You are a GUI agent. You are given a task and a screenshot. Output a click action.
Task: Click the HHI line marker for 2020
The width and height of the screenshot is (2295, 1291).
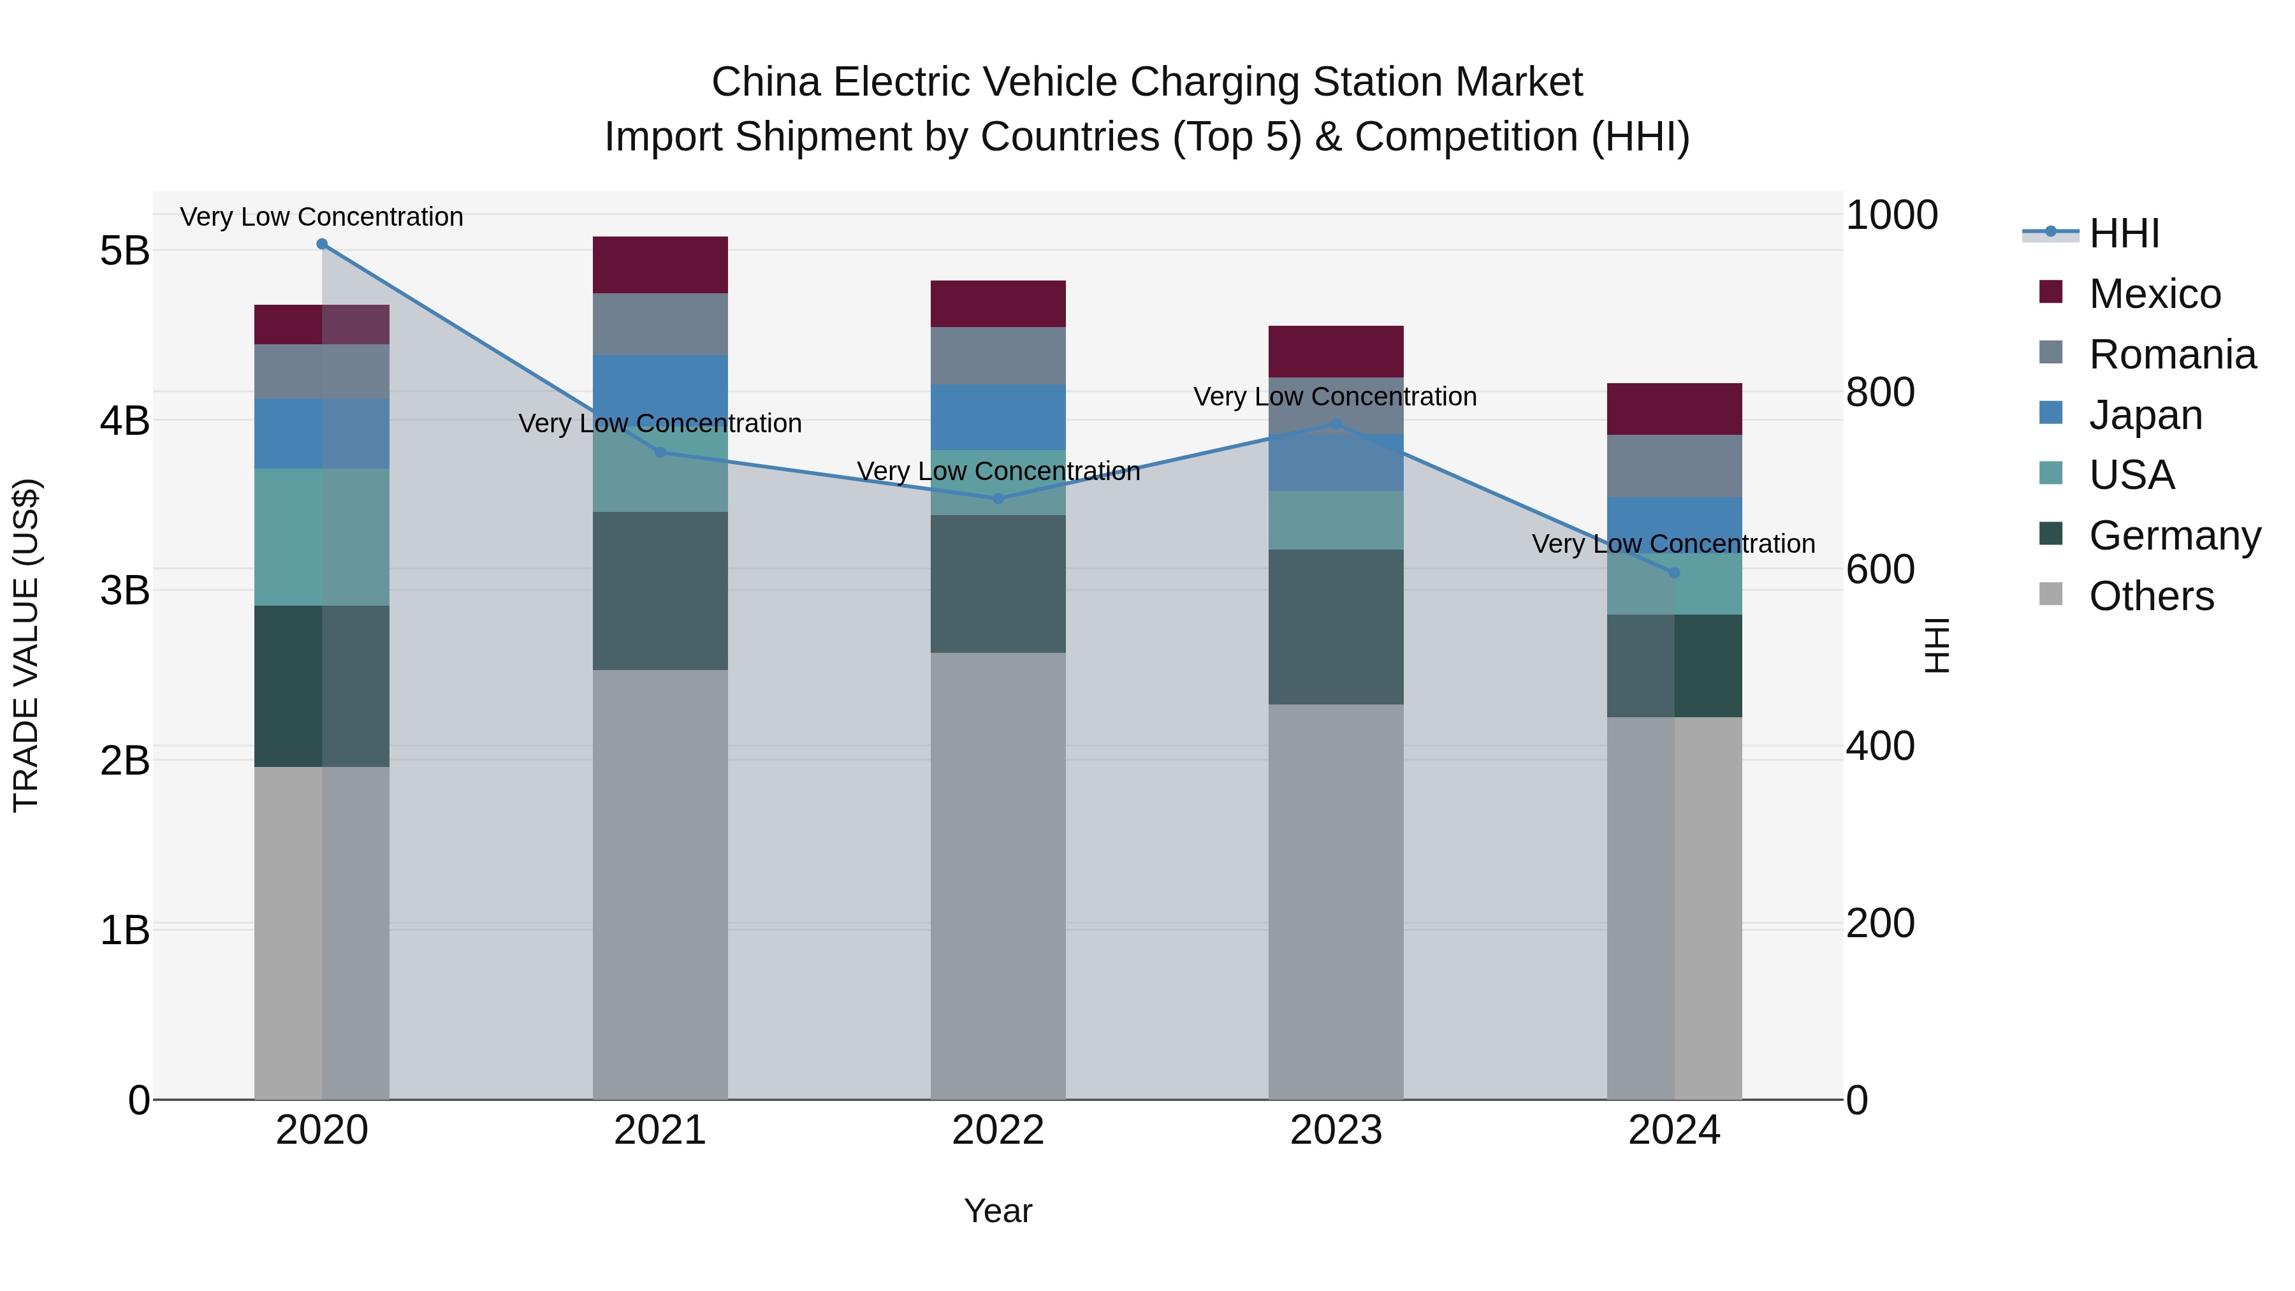click(x=322, y=244)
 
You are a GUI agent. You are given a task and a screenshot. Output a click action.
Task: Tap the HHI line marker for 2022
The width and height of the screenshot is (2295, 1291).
click(x=998, y=499)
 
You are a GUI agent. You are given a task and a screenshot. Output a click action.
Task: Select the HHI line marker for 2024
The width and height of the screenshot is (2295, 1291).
click(x=1674, y=573)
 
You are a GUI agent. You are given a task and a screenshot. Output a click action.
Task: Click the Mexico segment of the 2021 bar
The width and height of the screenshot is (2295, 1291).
click(x=660, y=265)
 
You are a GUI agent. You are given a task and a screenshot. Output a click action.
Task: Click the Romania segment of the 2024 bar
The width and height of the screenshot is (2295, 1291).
click(x=1674, y=466)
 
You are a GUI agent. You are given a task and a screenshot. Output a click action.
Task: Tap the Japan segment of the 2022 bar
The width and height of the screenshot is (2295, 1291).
click(x=998, y=416)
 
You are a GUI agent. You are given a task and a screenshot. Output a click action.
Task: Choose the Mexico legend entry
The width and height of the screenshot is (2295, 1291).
click(x=2154, y=294)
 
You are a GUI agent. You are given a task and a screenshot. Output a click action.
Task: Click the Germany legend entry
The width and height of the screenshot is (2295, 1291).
click(x=2174, y=536)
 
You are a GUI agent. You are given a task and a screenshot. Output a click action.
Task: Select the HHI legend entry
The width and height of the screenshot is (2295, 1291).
click(x=2123, y=233)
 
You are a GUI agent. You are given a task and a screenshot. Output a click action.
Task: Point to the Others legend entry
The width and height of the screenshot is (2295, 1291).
click(x=2151, y=596)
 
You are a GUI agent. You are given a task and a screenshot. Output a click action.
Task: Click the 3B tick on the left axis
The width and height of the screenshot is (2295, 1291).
click(x=125, y=590)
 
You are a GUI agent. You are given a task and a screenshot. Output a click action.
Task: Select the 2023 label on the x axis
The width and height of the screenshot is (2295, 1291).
click(x=1336, y=1130)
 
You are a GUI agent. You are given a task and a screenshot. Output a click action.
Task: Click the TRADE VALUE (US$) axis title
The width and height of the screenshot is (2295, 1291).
click(x=26, y=645)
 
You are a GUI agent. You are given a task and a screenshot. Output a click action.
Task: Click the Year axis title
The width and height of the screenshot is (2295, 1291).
click(x=998, y=1211)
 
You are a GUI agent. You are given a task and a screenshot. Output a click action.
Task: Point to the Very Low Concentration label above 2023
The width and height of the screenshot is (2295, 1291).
click(x=1334, y=397)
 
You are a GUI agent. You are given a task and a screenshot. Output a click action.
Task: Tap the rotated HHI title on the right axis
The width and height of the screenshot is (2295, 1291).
click(x=1938, y=645)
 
